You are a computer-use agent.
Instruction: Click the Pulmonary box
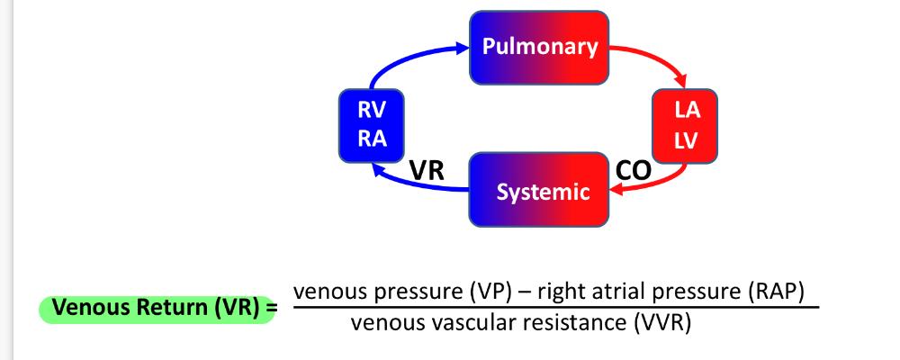pyautogui.click(x=539, y=47)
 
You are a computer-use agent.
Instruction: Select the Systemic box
pyautogui.click(x=539, y=191)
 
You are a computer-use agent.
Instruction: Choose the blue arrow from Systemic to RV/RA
pyautogui.click(x=414, y=183)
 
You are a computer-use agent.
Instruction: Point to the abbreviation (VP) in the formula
pyautogui.click(x=490, y=292)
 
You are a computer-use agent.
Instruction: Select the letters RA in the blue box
pyautogui.click(x=373, y=139)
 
